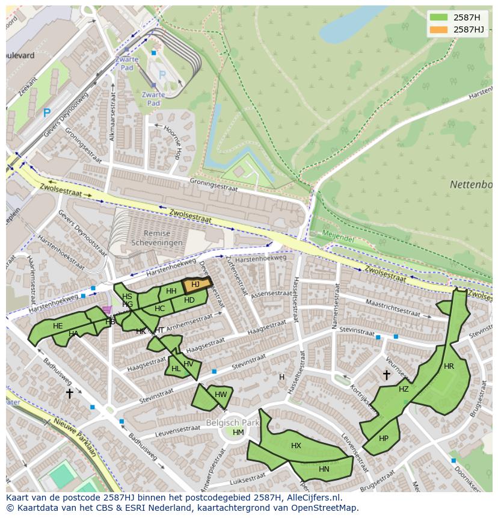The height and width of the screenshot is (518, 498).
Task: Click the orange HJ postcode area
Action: point(196,285)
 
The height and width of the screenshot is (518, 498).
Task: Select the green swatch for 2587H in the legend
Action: point(439,17)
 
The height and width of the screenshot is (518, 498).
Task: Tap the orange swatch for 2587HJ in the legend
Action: point(439,29)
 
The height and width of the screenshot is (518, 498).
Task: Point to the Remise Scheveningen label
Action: point(155,238)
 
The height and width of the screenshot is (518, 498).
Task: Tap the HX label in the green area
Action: point(296,446)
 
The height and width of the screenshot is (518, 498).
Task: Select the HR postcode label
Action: point(449,366)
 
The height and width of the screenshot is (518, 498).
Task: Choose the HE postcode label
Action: point(58,326)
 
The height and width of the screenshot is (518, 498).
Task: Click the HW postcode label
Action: point(221,395)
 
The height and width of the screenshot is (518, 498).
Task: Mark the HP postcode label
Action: point(384,439)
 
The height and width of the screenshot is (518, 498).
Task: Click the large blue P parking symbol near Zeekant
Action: point(47,113)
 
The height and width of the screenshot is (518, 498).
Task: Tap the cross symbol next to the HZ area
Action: point(386,375)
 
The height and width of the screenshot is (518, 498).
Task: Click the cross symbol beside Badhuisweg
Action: point(69,393)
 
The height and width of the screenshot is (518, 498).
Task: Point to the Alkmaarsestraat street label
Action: point(111,120)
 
